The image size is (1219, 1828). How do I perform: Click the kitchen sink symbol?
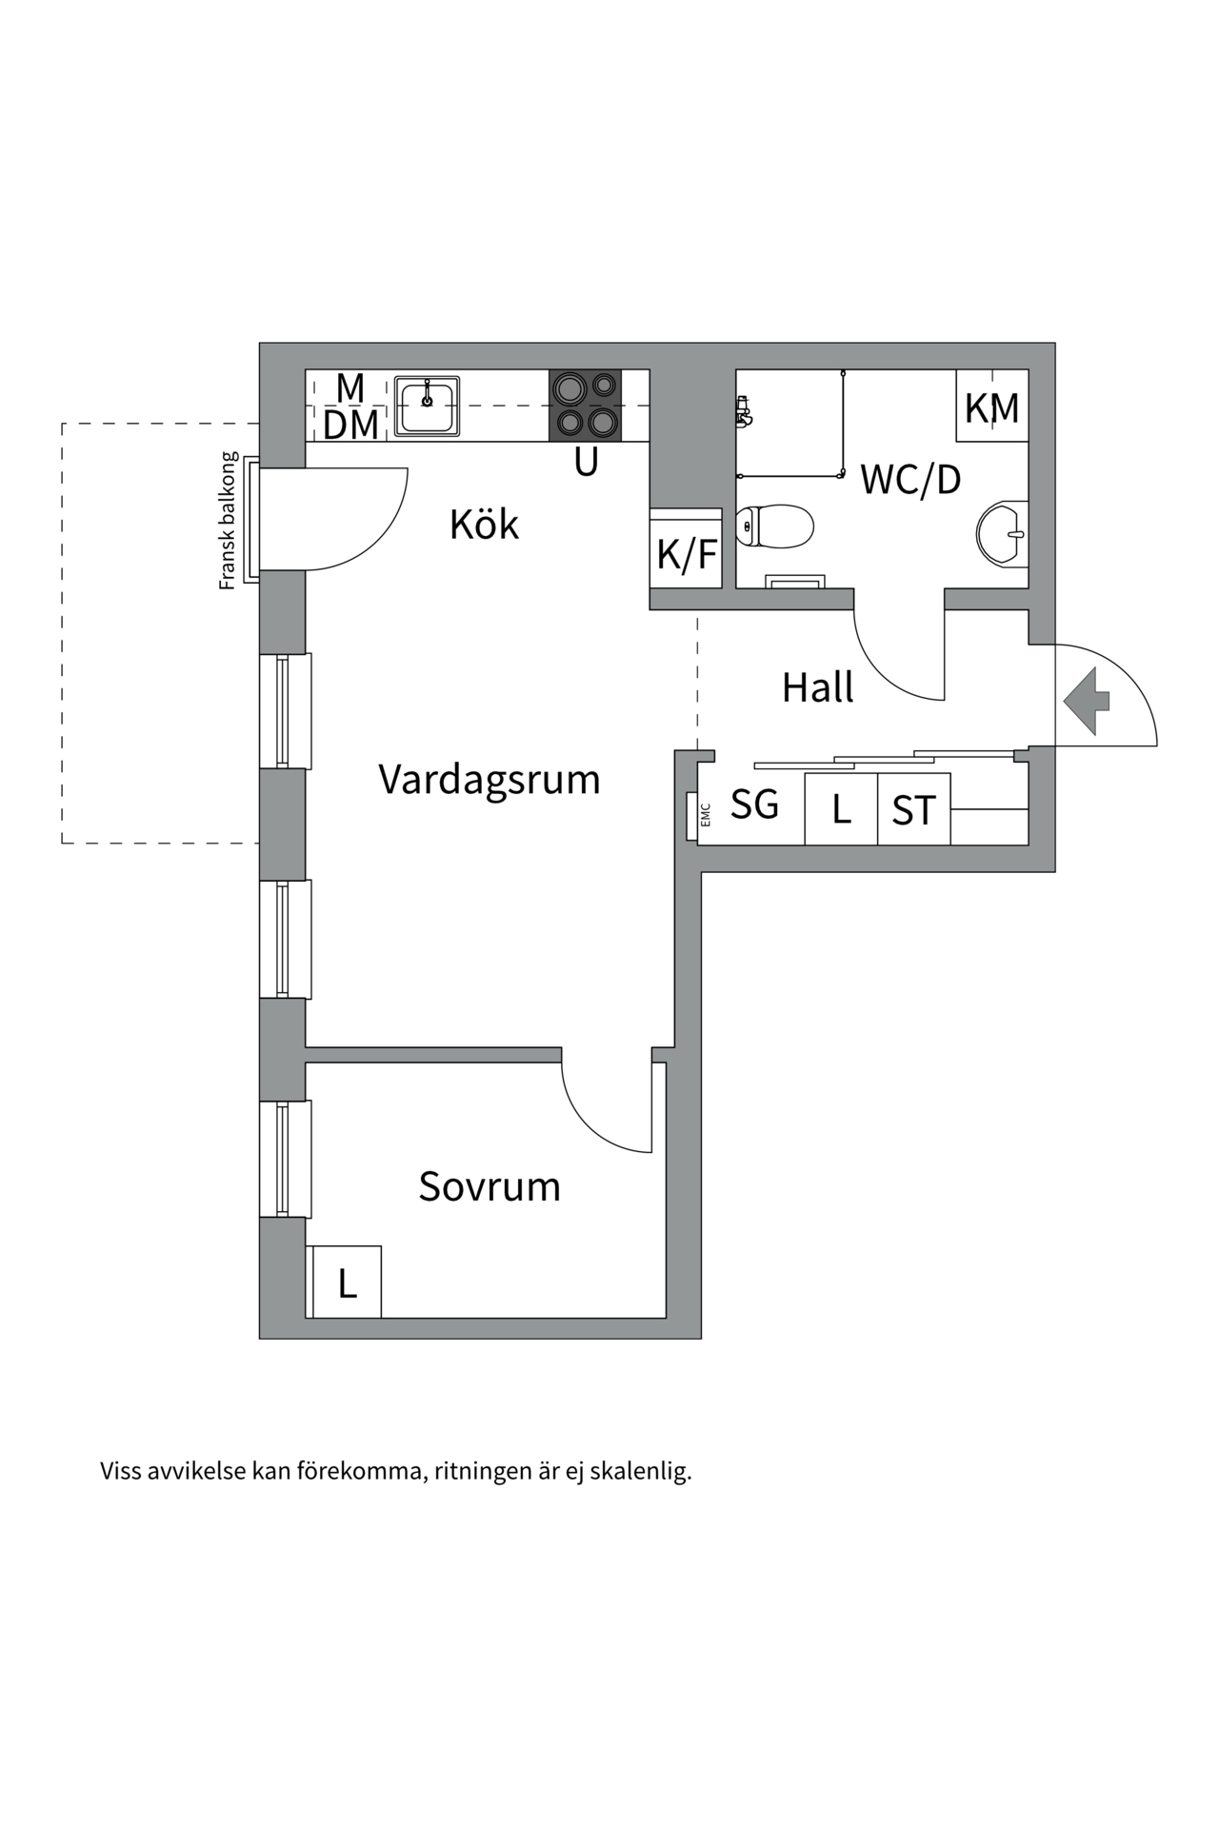click(x=428, y=406)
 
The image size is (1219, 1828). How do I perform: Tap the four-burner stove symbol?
click(x=585, y=406)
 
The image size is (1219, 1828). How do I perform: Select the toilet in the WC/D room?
click(x=775, y=527)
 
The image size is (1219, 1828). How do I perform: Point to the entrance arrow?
click(x=1087, y=701)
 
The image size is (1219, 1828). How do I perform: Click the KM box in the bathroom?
click(x=992, y=407)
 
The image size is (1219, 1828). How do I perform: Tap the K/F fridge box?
click(x=686, y=553)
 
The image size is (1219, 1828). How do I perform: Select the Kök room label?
click(x=484, y=525)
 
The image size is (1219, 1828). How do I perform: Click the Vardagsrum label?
click(x=490, y=779)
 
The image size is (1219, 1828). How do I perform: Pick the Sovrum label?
click(x=490, y=1186)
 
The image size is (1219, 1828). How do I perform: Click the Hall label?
click(x=817, y=687)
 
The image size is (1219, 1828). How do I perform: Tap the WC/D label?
click(x=910, y=480)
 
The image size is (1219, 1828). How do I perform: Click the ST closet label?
click(x=913, y=810)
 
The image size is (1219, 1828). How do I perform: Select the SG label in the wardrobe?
click(x=754, y=805)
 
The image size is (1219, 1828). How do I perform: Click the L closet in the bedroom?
click(x=347, y=1283)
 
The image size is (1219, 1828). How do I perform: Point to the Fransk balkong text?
click(x=228, y=521)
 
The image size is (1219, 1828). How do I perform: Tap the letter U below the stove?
click(x=586, y=463)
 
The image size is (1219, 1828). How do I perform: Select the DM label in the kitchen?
click(x=350, y=426)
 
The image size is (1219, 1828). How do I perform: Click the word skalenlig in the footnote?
click(x=640, y=1471)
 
